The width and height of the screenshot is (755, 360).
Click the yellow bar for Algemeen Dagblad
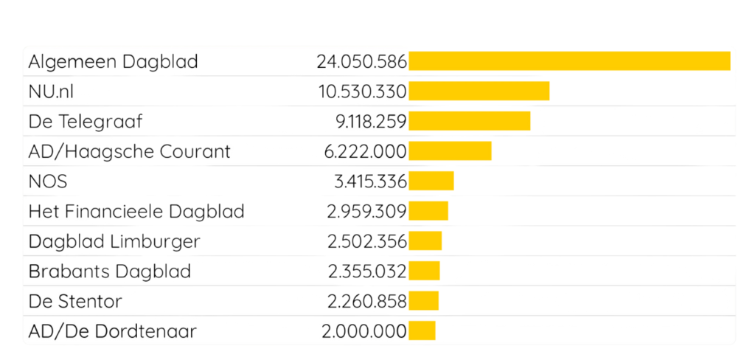click(569, 61)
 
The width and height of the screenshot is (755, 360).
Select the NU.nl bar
click(479, 91)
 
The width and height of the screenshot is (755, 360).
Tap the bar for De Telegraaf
click(470, 121)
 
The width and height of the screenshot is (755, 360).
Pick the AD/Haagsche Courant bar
click(450, 151)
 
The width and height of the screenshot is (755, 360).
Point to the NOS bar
click(431, 181)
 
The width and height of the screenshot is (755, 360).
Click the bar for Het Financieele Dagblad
click(428, 211)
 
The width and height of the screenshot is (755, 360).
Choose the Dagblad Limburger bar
click(425, 241)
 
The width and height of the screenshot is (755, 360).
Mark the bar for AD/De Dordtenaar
click(422, 331)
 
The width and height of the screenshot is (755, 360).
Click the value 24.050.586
click(361, 61)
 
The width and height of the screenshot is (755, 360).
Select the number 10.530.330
click(361, 91)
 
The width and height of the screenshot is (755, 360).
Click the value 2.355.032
click(366, 271)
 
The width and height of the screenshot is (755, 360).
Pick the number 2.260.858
click(366, 301)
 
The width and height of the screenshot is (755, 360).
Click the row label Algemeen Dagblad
click(113, 61)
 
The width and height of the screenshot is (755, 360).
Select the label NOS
click(47, 181)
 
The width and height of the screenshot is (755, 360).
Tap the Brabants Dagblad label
click(109, 271)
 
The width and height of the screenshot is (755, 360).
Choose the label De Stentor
click(74, 301)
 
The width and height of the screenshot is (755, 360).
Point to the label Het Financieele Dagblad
click(136, 212)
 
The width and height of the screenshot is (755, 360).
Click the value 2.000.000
click(364, 331)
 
